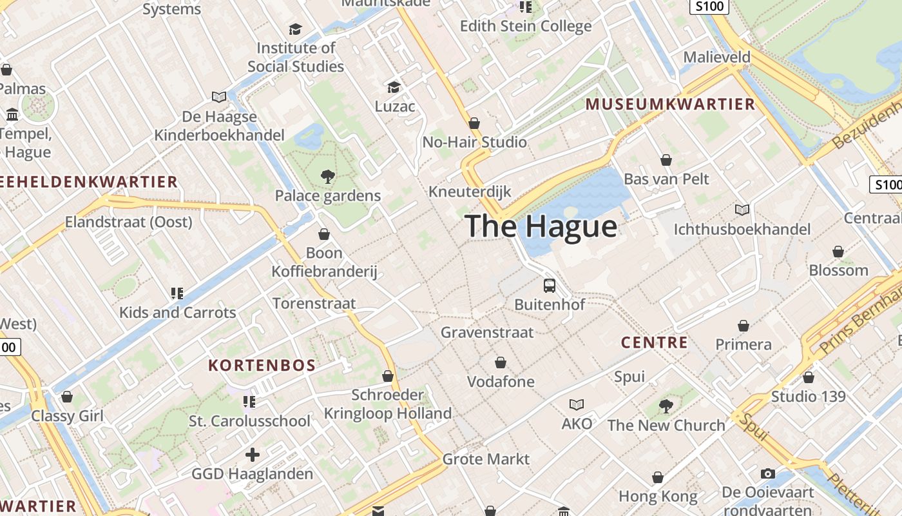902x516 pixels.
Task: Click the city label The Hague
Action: [541, 226]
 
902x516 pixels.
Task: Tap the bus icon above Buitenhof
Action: [550, 285]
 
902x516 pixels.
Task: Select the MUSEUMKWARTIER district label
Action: [670, 104]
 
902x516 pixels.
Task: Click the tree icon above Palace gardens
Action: [328, 176]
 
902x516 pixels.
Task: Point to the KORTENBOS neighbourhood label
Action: [262, 365]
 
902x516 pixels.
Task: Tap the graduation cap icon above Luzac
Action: [394, 87]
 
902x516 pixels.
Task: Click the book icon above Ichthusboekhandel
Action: [742, 210]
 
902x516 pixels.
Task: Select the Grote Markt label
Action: [486, 459]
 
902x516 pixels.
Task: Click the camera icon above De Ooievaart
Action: [767, 473]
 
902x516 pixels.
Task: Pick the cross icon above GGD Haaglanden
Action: [253, 455]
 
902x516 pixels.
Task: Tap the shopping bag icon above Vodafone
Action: [501, 362]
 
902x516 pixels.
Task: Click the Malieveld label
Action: [717, 57]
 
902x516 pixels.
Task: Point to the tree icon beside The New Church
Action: [666, 406]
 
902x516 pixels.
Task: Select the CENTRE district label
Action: [655, 342]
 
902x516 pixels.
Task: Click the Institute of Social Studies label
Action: [296, 57]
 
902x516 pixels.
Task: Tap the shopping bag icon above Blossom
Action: [838, 252]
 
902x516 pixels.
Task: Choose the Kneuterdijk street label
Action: [470, 192]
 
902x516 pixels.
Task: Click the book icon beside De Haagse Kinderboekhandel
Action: [219, 97]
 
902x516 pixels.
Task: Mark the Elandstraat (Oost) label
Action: [129, 222]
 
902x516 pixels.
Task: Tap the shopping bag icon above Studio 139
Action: [808, 377]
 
